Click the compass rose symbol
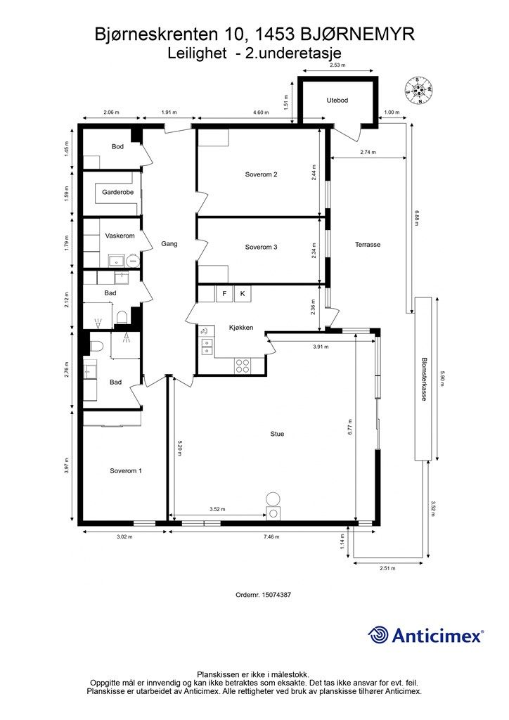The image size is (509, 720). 419,91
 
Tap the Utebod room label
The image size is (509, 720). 337,100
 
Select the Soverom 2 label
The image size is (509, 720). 261,174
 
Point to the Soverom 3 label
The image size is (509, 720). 261,247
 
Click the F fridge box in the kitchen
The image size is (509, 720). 224,294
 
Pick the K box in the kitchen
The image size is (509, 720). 243,294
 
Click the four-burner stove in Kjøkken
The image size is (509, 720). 243,366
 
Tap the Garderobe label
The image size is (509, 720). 118,192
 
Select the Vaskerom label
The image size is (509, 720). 120,236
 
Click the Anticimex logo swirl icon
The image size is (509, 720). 378,635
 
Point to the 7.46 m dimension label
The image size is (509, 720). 271,536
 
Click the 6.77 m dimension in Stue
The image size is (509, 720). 350,427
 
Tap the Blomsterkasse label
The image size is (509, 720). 425,379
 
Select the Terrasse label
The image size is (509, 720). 368,245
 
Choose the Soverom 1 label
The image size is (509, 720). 126,470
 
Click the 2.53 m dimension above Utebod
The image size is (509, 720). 337,65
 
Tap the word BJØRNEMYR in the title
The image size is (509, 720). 358,34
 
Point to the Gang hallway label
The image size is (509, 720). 169,244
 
